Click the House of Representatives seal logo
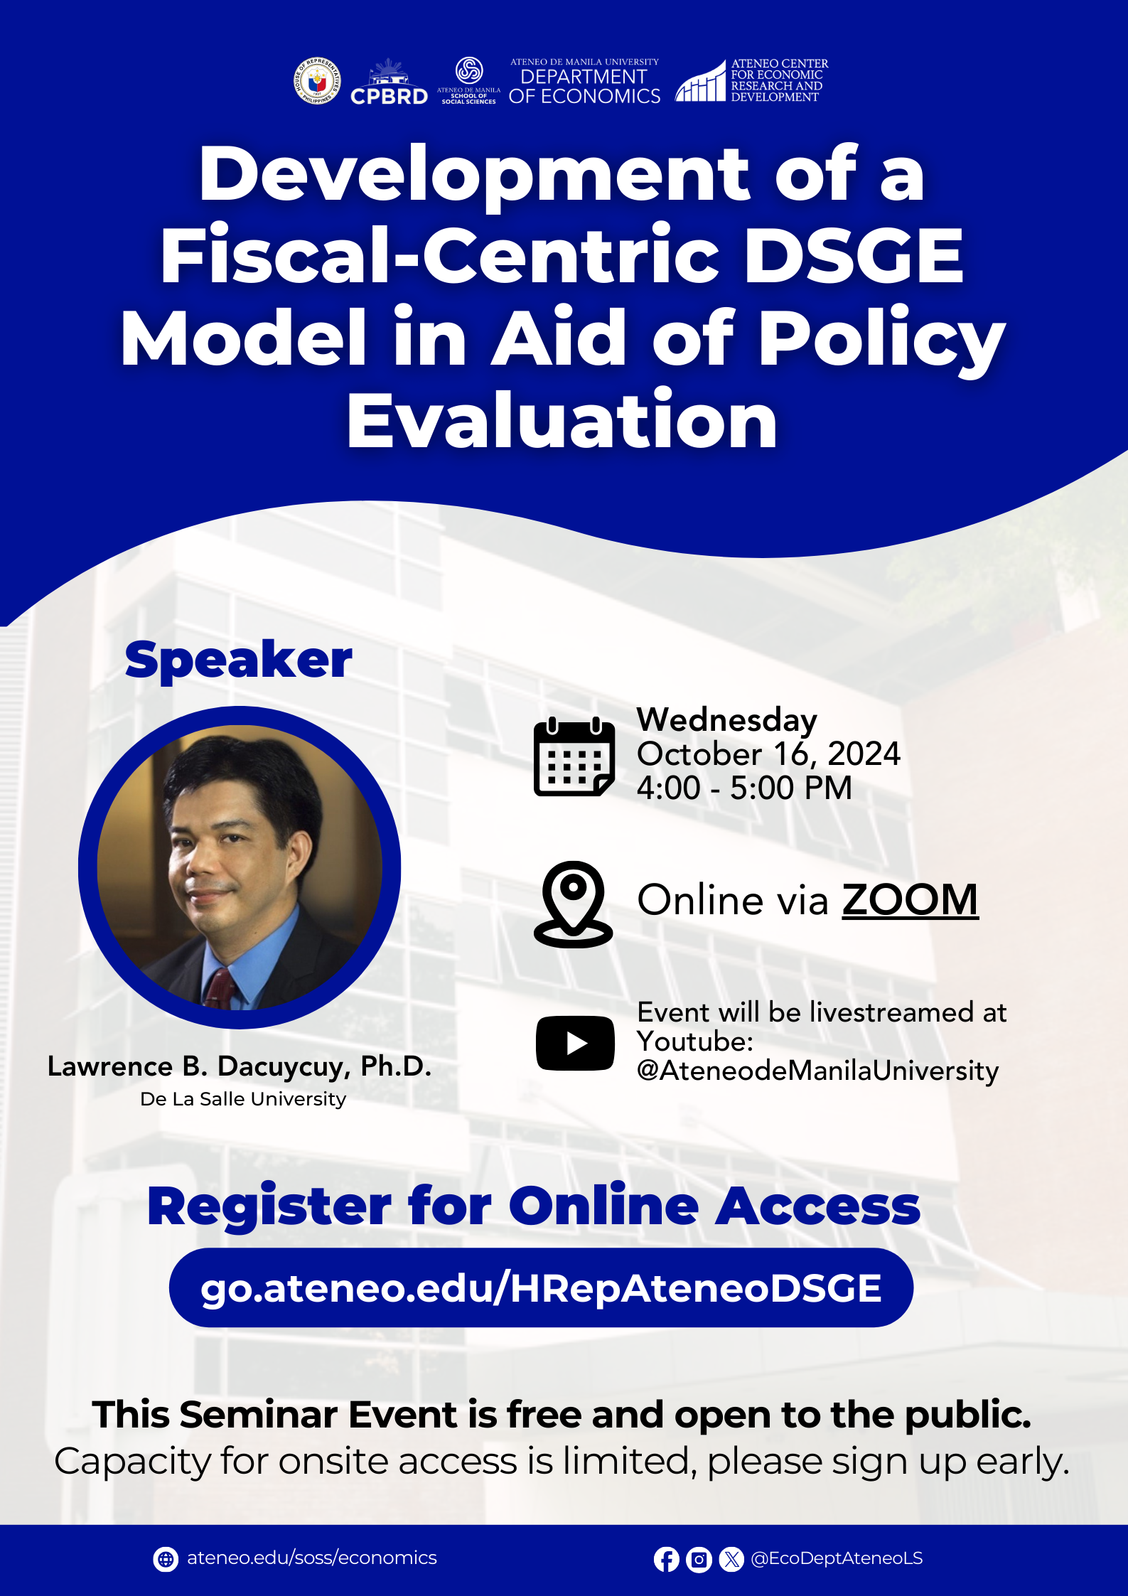click(x=317, y=81)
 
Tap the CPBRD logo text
click(x=389, y=96)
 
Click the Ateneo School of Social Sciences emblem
click(x=469, y=70)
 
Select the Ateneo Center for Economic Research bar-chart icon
click(x=700, y=81)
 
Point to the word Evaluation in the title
click(x=562, y=422)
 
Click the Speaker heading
click(x=238, y=660)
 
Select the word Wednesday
click(x=726, y=720)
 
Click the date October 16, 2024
click(x=768, y=754)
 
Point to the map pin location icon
click(x=574, y=904)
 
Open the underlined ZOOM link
click(x=910, y=900)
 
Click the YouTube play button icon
click(x=575, y=1043)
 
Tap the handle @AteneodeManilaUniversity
click(x=817, y=1071)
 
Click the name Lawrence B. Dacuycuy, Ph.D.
click(x=240, y=1066)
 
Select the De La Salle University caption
click(x=243, y=1099)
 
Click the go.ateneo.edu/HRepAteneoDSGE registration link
click(x=541, y=1288)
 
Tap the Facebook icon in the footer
click(x=667, y=1559)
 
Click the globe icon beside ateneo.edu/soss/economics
click(x=166, y=1559)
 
